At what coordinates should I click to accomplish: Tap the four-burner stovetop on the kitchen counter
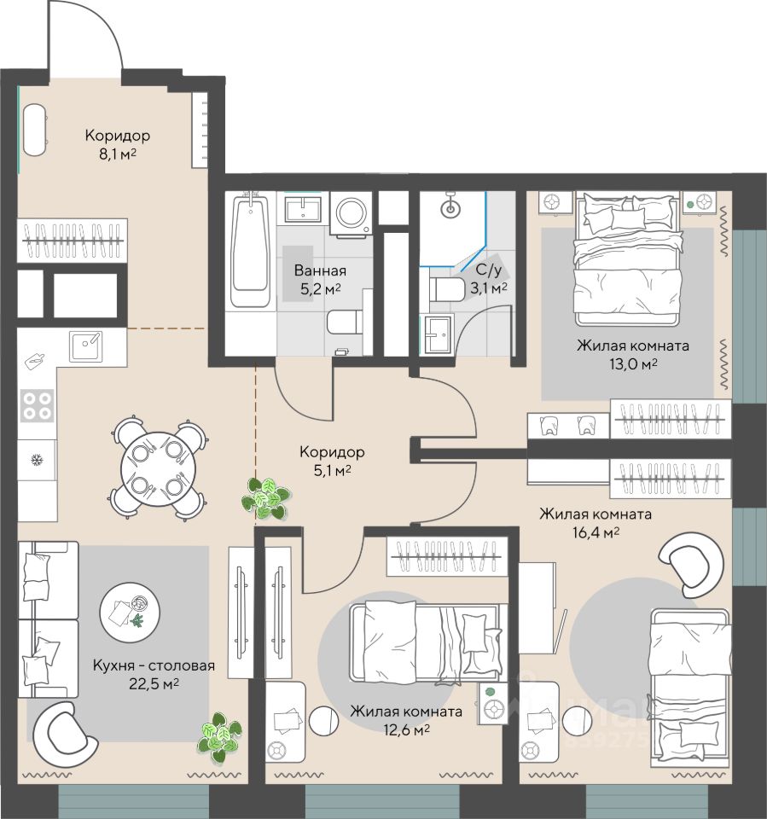click(37, 406)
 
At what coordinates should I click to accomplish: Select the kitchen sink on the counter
click(86, 346)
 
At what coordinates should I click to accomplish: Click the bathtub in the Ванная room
click(252, 251)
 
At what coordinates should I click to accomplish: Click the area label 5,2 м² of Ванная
click(320, 289)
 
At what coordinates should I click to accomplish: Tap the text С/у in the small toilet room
click(489, 270)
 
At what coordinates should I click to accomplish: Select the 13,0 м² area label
click(633, 364)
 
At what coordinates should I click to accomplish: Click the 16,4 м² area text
click(596, 532)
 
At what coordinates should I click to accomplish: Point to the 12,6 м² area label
click(406, 729)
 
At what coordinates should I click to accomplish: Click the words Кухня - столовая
click(154, 665)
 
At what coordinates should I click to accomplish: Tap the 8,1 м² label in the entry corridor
click(118, 154)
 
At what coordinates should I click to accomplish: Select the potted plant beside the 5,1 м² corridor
click(265, 497)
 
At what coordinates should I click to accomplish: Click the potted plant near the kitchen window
click(219, 738)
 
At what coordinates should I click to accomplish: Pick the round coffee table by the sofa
click(130, 613)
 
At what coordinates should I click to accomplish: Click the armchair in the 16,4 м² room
click(692, 563)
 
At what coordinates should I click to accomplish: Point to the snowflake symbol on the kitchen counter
click(37, 460)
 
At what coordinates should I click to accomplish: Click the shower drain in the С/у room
click(450, 210)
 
